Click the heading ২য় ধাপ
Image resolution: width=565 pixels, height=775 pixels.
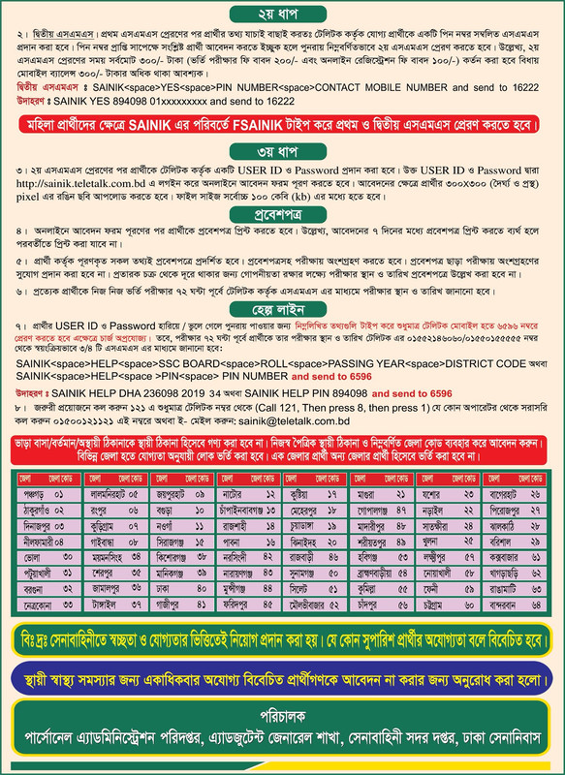point(282,14)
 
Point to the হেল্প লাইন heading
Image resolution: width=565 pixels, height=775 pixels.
point(282,312)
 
